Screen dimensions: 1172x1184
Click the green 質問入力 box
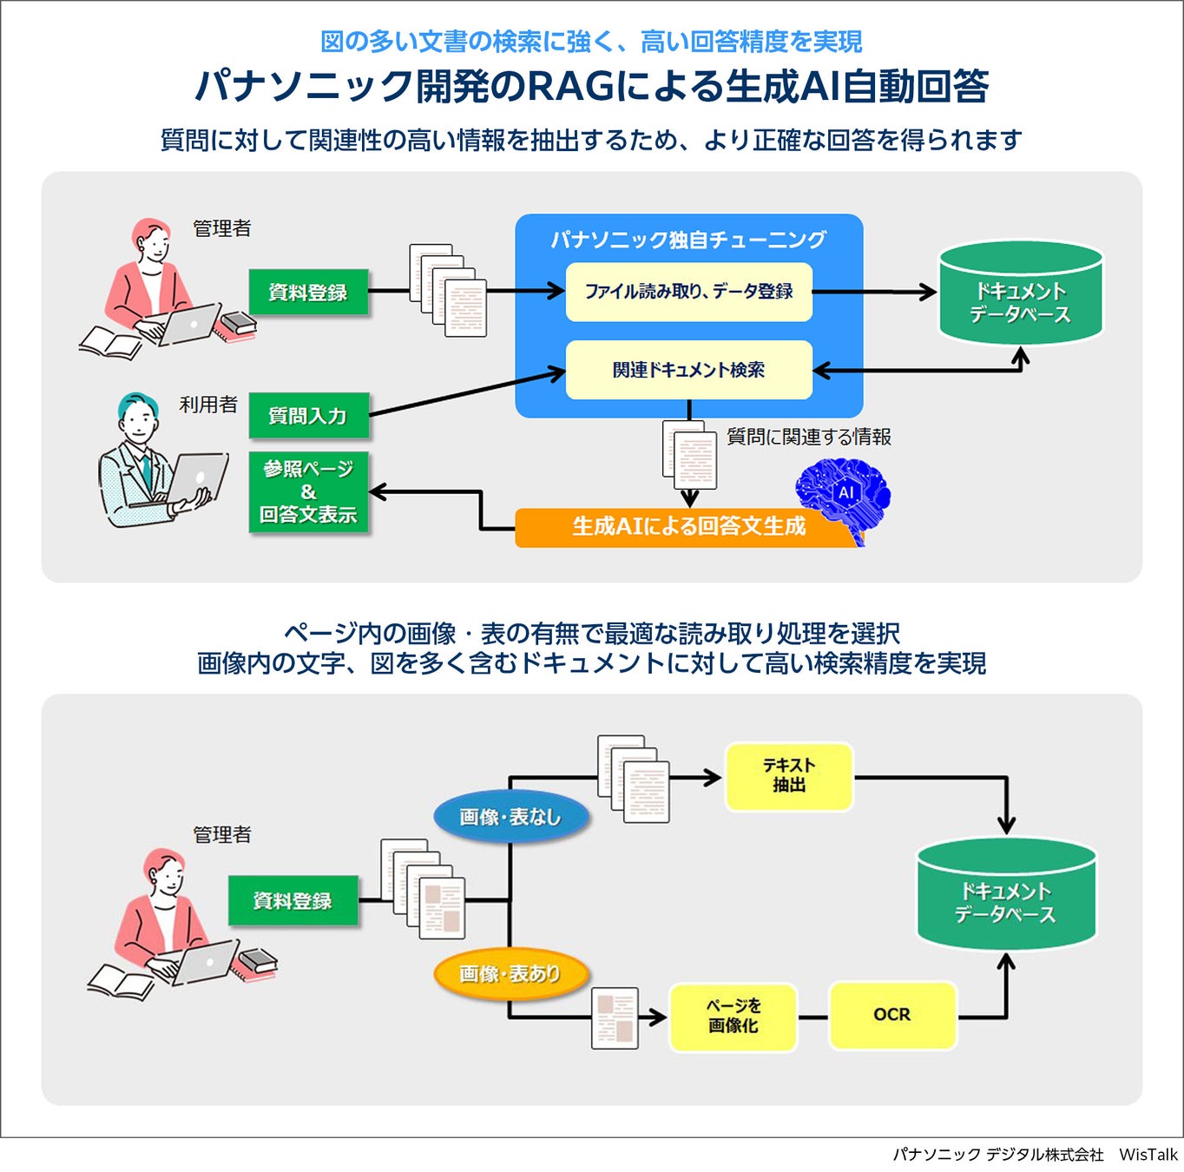pyautogui.click(x=308, y=416)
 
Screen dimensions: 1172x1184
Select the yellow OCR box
pyautogui.click(x=892, y=1015)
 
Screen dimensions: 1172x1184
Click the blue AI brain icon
pyautogui.click(x=844, y=495)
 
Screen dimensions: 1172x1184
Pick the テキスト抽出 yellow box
pyautogui.click(x=789, y=775)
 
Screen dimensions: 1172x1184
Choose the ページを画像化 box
pyautogui.click(x=733, y=1016)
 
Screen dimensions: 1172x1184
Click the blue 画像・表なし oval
pyautogui.click(x=510, y=817)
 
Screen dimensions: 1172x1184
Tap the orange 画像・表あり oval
pyautogui.click(x=510, y=974)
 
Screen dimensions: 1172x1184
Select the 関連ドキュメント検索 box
pyautogui.click(x=688, y=370)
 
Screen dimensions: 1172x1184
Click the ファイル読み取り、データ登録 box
pyautogui.click(x=688, y=292)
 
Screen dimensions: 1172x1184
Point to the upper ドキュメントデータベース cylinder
pyautogui.click(x=1020, y=295)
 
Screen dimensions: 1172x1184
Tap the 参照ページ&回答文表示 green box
pyautogui.click(x=308, y=492)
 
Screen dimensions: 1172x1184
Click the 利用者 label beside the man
pyautogui.click(x=208, y=405)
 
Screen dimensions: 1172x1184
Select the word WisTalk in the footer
pyautogui.click(x=1148, y=1155)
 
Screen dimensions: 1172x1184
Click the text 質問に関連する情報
pyautogui.click(x=808, y=437)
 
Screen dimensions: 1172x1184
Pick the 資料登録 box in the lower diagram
pyautogui.click(x=293, y=901)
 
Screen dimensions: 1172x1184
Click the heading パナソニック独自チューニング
pyautogui.click(x=688, y=240)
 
